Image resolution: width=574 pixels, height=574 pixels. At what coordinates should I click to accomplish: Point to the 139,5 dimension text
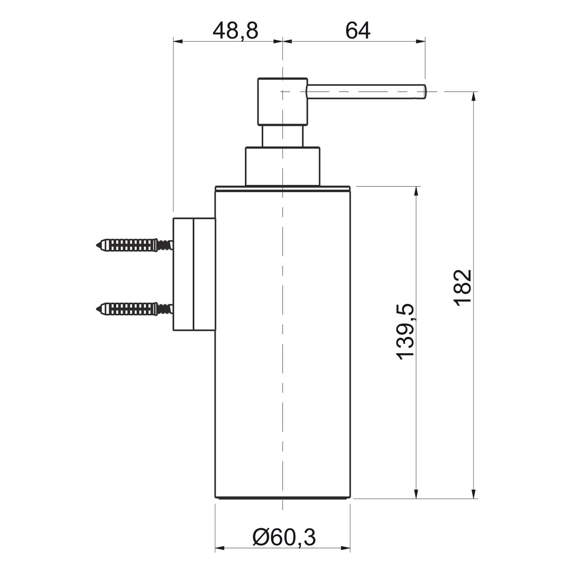pos(405,331)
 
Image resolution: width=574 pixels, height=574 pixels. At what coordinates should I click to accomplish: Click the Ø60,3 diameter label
pos(284,537)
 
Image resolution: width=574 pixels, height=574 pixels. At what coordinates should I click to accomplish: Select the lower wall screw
pos(134,308)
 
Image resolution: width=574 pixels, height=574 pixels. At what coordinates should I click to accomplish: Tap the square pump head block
pos(282,101)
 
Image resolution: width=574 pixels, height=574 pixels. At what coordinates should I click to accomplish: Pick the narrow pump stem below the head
pos(282,136)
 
